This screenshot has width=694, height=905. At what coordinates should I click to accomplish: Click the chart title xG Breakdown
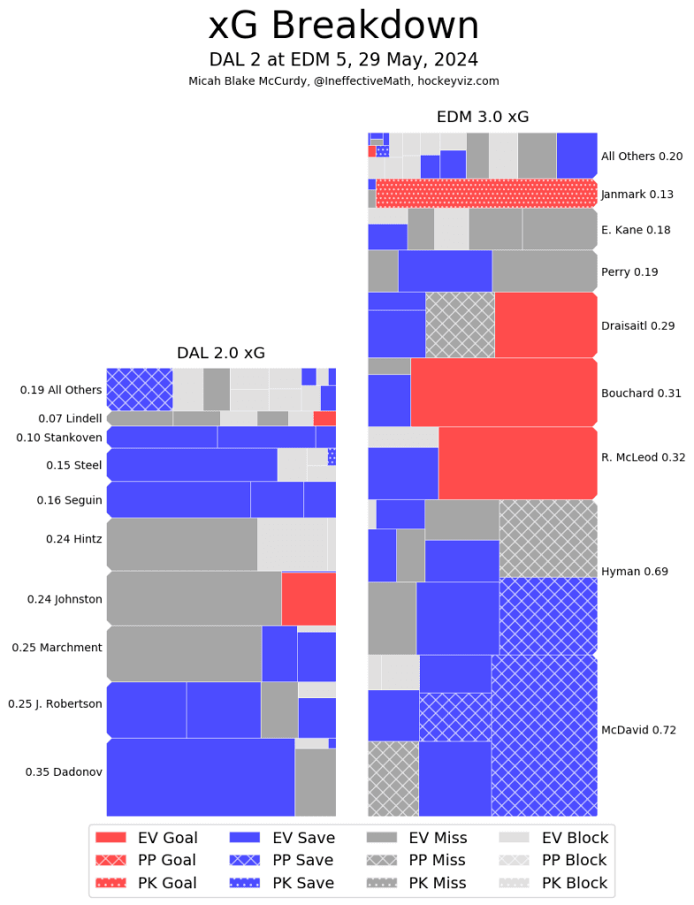point(344,27)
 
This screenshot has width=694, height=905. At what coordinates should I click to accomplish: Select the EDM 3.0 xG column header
point(482,117)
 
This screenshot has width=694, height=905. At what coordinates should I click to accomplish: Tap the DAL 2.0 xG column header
point(221,353)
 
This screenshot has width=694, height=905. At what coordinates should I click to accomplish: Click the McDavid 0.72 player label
point(638,730)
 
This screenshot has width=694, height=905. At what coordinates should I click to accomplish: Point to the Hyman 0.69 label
point(634,572)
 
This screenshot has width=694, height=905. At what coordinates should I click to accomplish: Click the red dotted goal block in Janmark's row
point(486,194)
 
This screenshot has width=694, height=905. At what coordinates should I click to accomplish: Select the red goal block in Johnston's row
point(309,598)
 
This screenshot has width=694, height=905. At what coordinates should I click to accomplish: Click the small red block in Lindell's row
point(324,418)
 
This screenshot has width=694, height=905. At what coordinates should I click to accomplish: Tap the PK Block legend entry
point(553,883)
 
